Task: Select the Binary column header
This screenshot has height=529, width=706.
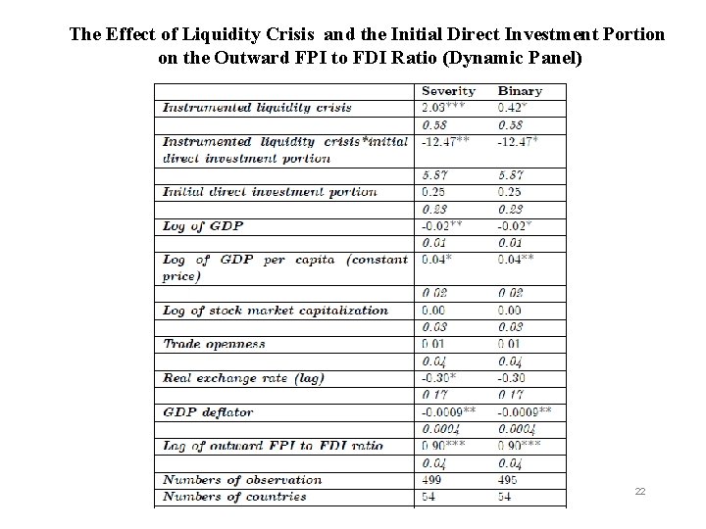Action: pos(520,91)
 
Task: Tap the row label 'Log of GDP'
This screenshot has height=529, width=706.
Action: pos(204,225)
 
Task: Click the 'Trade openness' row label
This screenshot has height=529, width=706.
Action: pos(214,344)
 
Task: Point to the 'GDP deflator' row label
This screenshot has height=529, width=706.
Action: pos(208,411)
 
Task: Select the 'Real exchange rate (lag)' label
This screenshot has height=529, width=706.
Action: pos(243,378)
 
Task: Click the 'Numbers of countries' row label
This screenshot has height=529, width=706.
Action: pos(234,497)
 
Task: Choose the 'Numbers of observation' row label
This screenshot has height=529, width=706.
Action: pos(242,480)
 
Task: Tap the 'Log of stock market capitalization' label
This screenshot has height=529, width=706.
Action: pos(275,311)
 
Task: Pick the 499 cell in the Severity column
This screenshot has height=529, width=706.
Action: pos(432,480)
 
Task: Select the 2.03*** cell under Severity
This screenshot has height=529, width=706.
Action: pos(443,107)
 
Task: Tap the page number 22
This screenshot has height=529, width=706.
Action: pos(639,491)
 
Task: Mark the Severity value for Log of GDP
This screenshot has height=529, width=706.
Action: pos(441,225)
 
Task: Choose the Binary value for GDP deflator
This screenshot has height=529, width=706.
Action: pos(526,411)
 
